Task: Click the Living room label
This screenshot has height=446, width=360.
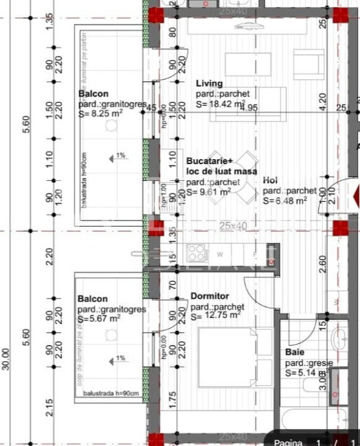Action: point(209,84)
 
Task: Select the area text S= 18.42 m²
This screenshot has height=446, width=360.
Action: point(221,105)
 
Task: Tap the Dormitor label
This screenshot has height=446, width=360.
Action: point(209,297)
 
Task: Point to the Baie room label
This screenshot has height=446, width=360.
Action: point(294,352)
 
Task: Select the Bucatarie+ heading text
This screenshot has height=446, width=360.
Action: point(210,160)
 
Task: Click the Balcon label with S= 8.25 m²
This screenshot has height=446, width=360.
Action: point(93,94)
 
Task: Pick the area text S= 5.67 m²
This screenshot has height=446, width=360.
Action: point(99,319)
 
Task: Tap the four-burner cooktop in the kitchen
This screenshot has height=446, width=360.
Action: point(197,253)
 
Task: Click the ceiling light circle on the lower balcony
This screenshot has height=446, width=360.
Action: point(111,335)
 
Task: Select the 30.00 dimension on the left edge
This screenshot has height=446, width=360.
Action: point(6,360)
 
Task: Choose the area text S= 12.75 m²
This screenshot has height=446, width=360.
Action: point(216,315)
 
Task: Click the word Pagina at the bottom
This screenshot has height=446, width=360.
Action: point(288,441)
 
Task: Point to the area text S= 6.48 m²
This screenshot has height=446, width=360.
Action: point(284,201)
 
